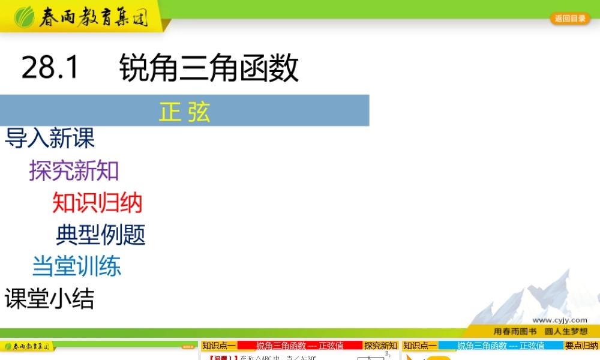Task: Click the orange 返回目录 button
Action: click(570, 19)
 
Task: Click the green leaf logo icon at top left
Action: click(25, 17)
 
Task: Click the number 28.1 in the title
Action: click(50, 68)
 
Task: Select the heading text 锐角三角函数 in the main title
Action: click(209, 68)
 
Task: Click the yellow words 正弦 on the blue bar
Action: click(185, 112)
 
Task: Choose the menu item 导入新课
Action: click(50, 139)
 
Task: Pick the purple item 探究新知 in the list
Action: click(74, 171)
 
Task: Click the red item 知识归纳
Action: click(97, 203)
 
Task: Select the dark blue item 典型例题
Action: click(101, 235)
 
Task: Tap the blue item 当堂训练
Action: click(77, 266)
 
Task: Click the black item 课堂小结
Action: click(50, 298)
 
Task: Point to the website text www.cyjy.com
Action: click(559, 320)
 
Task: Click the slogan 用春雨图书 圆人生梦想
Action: click(540, 331)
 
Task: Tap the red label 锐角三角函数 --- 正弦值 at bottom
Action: click(299, 346)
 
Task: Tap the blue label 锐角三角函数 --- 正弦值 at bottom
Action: click(500, 346)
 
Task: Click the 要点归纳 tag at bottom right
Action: click(581, 346)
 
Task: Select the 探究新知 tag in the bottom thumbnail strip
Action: click(380, 346)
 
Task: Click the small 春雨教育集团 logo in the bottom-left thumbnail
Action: click(28, 347)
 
